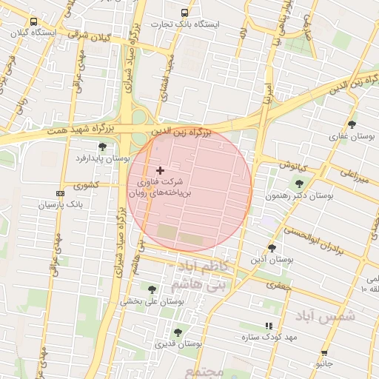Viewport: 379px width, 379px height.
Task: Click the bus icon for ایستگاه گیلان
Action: [x=34, y=21]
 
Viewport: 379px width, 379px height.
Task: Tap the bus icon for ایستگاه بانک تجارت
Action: [x=184, y=13]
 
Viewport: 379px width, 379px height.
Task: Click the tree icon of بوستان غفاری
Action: [x=352, y=124]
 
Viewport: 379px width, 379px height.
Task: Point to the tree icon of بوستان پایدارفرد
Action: [x=102, y=147]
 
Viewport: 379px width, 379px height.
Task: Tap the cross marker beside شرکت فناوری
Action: [x=160, y=170]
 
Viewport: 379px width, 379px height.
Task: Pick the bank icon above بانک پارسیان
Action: [x=60, y=194]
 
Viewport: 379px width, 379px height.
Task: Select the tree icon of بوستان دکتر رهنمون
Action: [x=299, y=184]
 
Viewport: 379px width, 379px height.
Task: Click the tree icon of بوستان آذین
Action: [x=272, y=248]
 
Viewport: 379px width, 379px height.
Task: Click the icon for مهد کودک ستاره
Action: [x=268, y=326]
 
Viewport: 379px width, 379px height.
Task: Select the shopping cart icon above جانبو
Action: [x=324, y=353]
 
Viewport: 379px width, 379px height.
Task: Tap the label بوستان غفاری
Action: [x=352, y=137]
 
